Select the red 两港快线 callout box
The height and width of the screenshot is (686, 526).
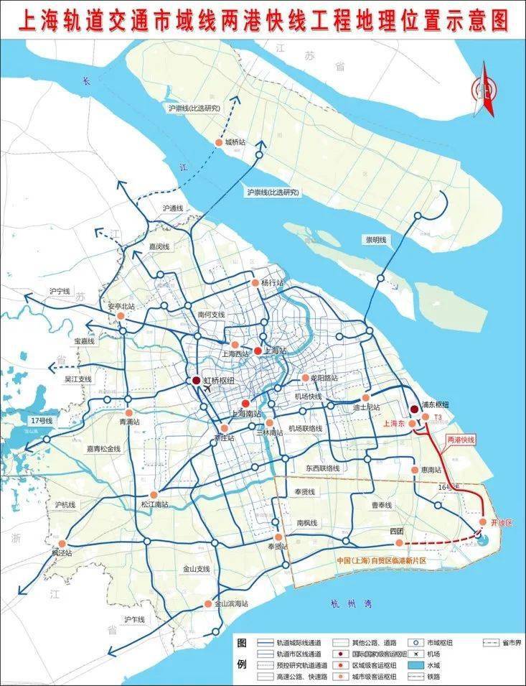click(x=461, y=439)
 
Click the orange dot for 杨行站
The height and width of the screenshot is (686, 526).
click(x=255, y=283)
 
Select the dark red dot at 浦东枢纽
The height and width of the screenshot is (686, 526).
click(x=414, y=409)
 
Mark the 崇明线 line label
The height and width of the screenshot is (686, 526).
click(x=373, y=239)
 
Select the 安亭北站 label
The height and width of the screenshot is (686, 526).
click(x=121, y=306)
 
